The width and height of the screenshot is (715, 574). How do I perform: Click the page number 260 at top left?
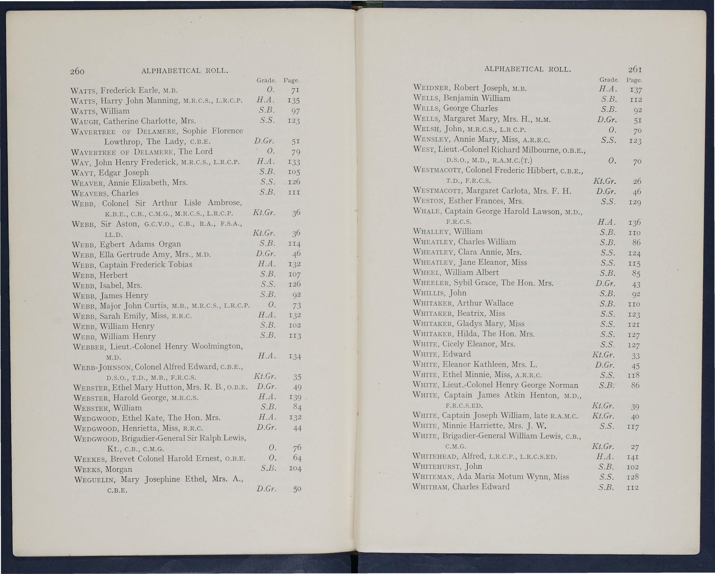[77, 71]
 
